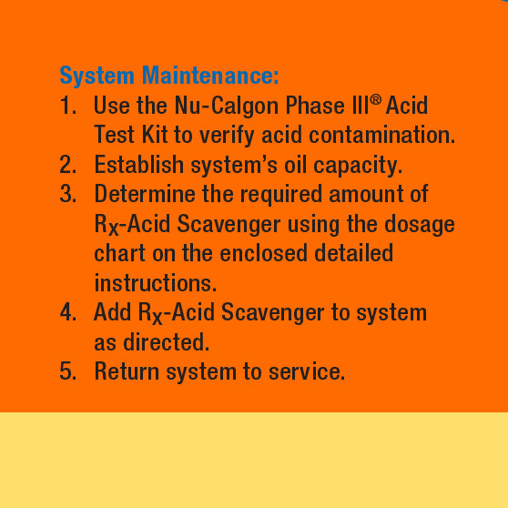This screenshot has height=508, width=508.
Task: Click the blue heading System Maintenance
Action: point(169,75)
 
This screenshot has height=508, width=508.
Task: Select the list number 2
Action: point(67,165)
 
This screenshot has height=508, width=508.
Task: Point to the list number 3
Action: point(67,194)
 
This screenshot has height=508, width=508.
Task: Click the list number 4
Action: point(67,312)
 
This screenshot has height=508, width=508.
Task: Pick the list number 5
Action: point(67,371)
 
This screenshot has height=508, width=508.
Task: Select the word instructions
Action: point(155,282)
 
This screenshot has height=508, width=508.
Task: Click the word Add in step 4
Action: point(112,312)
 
